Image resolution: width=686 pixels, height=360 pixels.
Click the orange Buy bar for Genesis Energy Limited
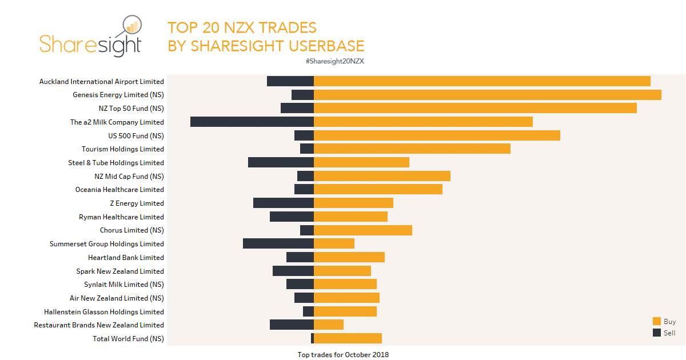pos(488,95)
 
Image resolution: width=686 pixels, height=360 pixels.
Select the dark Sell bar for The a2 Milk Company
pos(252,122)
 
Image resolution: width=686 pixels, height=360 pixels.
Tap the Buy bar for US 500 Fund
pos(437,135)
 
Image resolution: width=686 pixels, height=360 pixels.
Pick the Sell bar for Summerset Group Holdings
pos(278,243)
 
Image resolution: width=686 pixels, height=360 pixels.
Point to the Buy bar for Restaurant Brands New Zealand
pos(329,325)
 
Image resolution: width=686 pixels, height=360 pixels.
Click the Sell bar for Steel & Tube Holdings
pos(281,162)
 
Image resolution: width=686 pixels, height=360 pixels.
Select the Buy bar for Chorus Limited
pos(363,230)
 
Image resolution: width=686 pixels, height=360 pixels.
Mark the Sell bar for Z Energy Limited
pos(284,203)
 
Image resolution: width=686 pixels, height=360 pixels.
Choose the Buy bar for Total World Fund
pos(348,338)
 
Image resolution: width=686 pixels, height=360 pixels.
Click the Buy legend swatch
pos(656,321)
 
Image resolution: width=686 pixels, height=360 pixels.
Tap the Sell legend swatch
pos(656,333)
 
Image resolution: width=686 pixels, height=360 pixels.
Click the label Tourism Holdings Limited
pos(122,149)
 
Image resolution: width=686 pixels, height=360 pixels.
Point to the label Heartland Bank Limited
pos(126,258)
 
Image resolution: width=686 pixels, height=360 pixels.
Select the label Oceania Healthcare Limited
pos(119,190)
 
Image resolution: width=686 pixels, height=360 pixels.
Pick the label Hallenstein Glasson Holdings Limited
pos(104,312)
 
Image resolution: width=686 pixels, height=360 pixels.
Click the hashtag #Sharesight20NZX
pos(335,61)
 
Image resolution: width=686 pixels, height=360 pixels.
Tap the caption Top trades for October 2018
pos(343,355)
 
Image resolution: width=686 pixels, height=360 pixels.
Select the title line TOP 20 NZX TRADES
pos(242,27)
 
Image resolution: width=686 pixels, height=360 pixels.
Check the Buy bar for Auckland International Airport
pos(482,81)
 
